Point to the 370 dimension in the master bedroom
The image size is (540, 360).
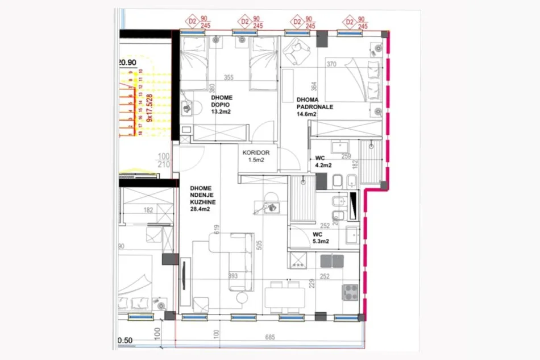(x=332, y=65)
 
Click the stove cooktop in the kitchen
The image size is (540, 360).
(x=348, y=292)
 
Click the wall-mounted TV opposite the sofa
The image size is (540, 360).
(x=185, y=278)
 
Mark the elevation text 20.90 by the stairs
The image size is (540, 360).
(x=127, y=63)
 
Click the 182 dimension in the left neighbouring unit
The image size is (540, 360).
(x=148, y=210)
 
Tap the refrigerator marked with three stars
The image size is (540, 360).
(x=298, y=261)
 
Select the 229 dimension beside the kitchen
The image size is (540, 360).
(x=311, y=283)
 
